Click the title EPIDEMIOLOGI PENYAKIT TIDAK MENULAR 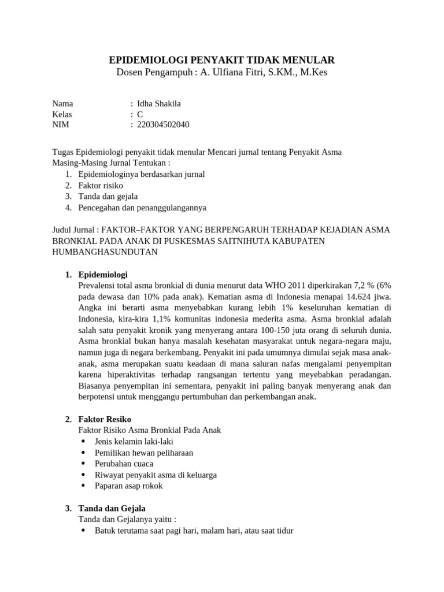coord(222,60)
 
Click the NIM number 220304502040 coord(163,124)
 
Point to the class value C coord(140,114)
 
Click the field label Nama coord(62,103)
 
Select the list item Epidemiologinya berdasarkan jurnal coord(142,174)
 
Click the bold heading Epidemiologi coord(103,274)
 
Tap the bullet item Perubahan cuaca coord(124,464)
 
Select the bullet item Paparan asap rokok coord(129,486)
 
